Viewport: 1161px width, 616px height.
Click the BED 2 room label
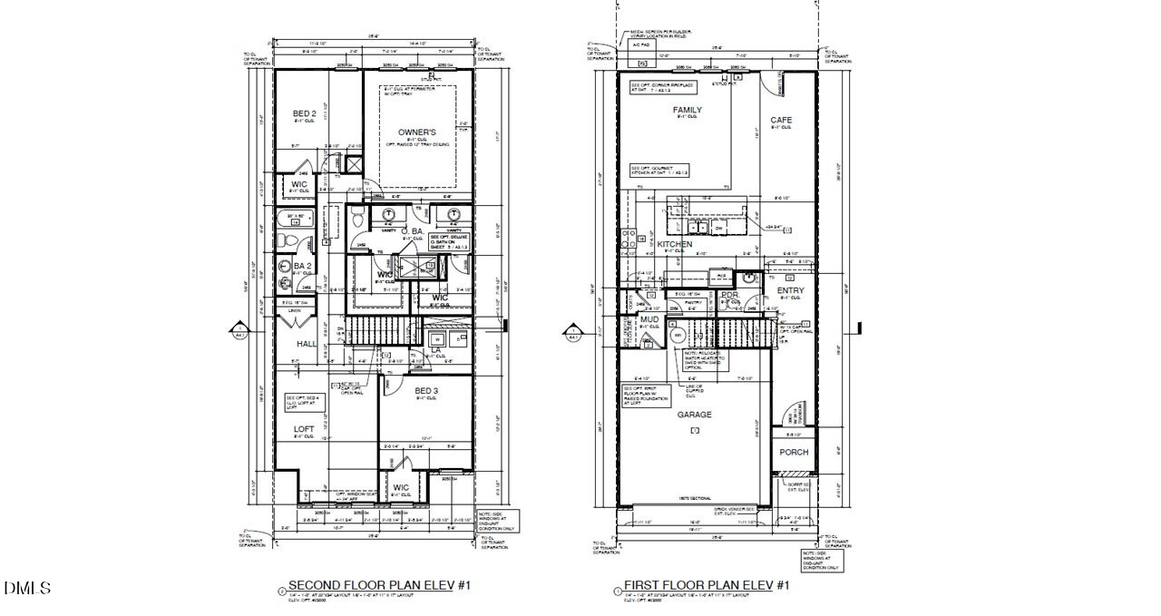tap(304, 114)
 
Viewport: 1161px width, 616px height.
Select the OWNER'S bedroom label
tap(416, 132)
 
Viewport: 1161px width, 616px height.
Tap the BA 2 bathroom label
tap(303, 267)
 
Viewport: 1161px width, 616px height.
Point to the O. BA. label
tap(413, 232)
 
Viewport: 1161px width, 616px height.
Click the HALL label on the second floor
tap(306, 344)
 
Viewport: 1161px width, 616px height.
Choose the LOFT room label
tap(304, 428)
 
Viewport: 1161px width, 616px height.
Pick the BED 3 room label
tap(426, 391)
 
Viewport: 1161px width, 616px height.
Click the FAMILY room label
tap(687, 110)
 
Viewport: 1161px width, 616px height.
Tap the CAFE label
tap(780, 120)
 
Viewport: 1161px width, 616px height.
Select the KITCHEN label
tap(675, 244)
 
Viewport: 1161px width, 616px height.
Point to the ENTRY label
tap(790, 290)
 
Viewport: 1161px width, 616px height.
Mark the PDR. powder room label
tap(730, 295)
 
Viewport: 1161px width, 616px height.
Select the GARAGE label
tap(695, 415)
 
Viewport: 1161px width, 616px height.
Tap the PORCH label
tap(794, 452)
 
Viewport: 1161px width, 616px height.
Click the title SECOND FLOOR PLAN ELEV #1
tap(379, 585)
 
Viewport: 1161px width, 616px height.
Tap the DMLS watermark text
tap(27, 589)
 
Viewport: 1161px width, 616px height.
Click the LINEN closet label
tap(293, 311)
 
